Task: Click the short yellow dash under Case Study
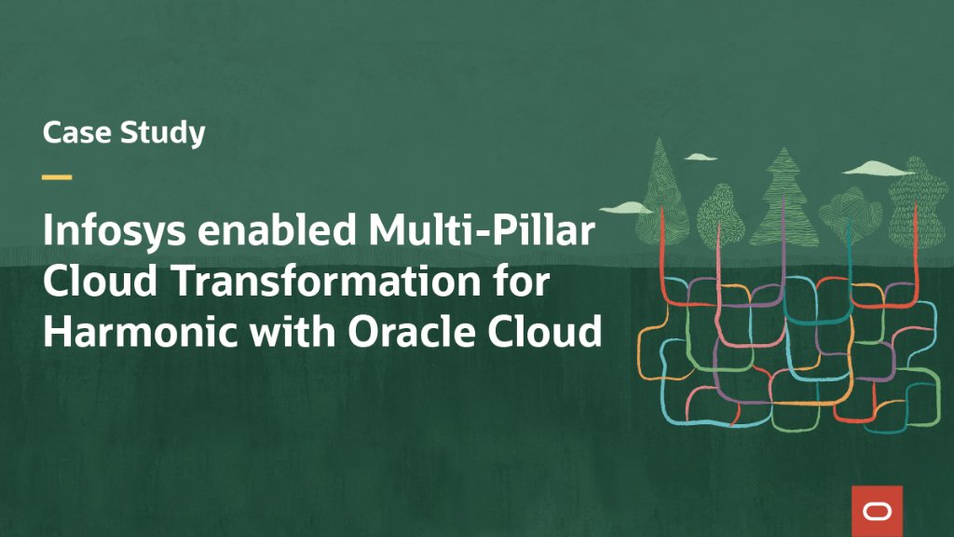[57, 177]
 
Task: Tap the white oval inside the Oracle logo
[877, 511]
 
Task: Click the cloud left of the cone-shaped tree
[620, 207]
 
